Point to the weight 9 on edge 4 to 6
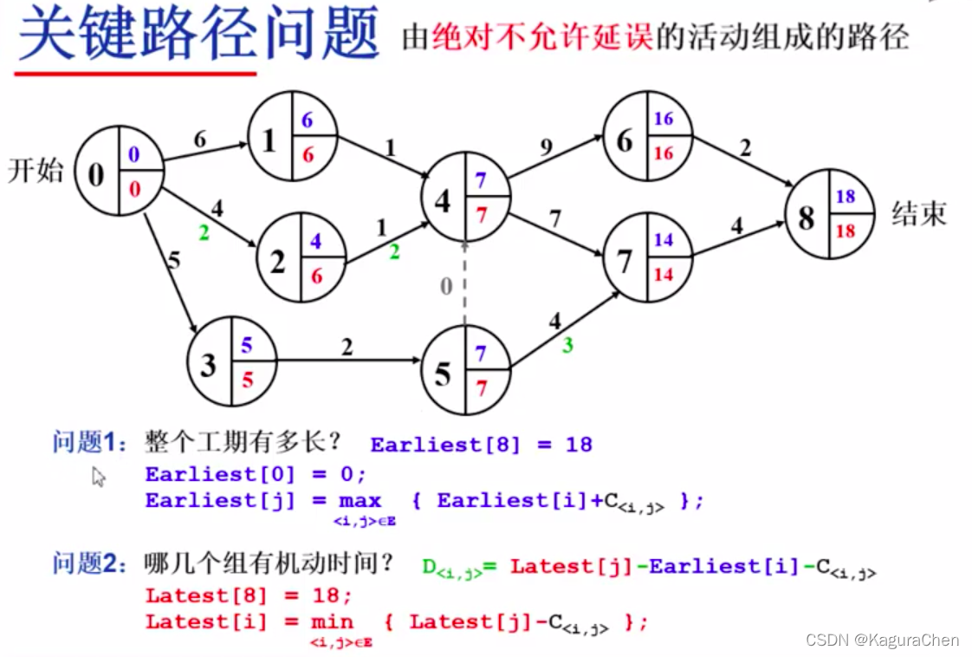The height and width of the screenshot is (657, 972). [x=545, y=148]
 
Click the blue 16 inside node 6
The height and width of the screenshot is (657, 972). [x=664, y=119]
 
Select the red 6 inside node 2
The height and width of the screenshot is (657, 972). [x=316, y=275]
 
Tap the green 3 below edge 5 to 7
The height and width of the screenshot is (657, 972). [x=567, y=346]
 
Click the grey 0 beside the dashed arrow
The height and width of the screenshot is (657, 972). [x=445, y=286]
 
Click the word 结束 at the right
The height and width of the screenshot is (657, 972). [x=919, y=213]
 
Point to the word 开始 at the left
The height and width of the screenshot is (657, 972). [x=36, y=170]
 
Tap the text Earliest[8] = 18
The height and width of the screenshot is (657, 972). [x=481, y=445]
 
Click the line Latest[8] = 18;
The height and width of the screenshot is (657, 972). [x=249, y=595]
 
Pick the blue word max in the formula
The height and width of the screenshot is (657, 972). [x=360, y=501]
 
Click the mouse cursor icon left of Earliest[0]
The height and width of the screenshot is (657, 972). [x=99, y=477]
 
